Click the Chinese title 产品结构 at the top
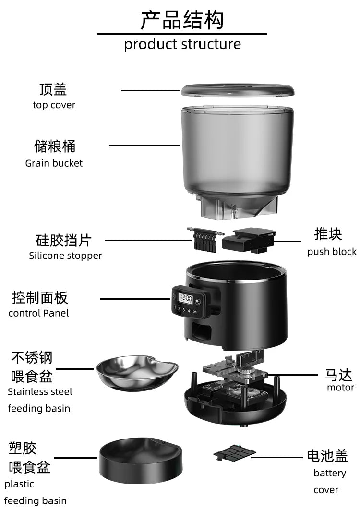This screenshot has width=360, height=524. (182, 20)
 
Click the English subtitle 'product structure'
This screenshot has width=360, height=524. (182, 44)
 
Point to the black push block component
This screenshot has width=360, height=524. (249, 239)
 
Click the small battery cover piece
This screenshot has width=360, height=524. (234, 452)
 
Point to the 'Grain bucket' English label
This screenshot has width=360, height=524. (54, 163)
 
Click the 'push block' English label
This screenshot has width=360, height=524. (332, 252)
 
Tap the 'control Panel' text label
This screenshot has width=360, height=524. (38, 313)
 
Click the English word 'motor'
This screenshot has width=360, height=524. (340, 387)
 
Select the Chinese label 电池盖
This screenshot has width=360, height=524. (327, 455)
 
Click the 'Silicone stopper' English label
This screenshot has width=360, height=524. (65, 256)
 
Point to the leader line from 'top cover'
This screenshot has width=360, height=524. (150, 90)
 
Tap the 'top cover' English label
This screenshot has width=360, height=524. (54, 105)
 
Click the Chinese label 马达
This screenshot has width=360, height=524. (338, 375)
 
